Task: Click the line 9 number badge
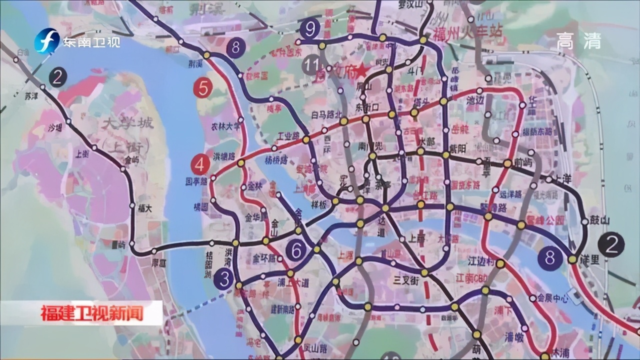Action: pos(310,29)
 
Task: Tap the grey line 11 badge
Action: pos(313,65)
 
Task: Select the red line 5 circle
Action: pos(203,88)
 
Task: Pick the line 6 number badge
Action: pos(296,250)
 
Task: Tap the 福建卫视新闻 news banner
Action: pos(92,313)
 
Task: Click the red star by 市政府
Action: pos(362,71)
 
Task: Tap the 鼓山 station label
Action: pos(599,220)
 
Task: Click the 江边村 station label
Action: pos(481,261)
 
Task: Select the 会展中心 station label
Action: pos(553,298)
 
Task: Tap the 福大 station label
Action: pos(145,208)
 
